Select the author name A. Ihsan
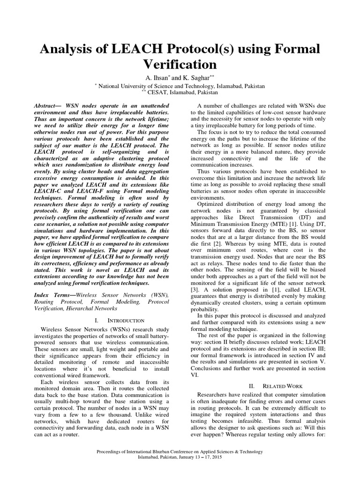pos(161,77)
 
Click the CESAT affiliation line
pos(180,92)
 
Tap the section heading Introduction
pos(124,321)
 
